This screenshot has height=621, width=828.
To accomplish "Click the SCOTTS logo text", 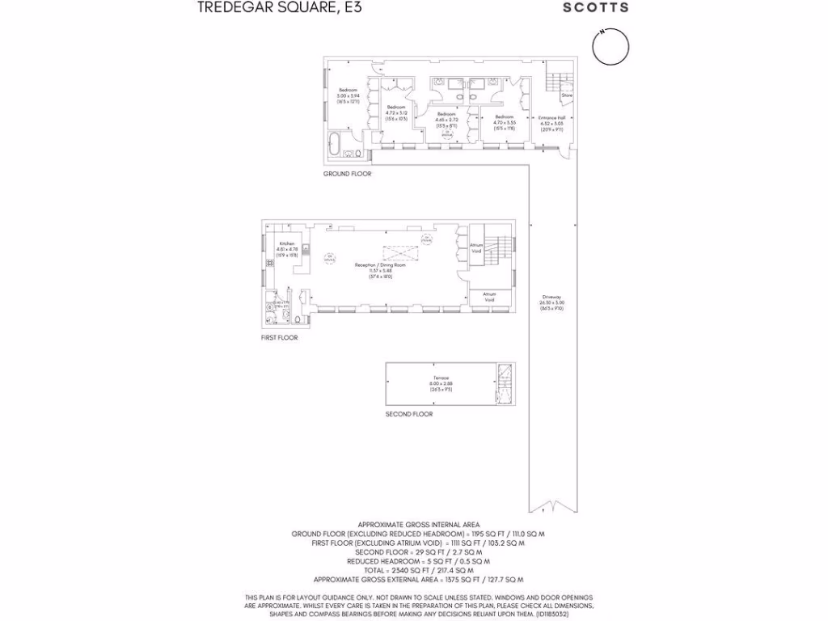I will (595, 7).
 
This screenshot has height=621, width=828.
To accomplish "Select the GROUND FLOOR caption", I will (347, 174).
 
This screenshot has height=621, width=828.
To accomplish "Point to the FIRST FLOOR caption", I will (279, 337).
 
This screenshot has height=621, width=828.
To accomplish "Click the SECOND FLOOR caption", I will (408, 414).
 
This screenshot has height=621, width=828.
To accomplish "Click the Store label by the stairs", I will (567, 95).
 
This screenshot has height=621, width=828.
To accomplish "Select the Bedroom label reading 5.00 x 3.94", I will (348, 92).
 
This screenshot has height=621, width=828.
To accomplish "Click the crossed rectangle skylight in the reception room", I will (397, 250).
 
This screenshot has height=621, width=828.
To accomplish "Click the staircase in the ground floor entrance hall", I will (554, 81).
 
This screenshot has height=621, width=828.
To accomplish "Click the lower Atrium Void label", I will (489, 297).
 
